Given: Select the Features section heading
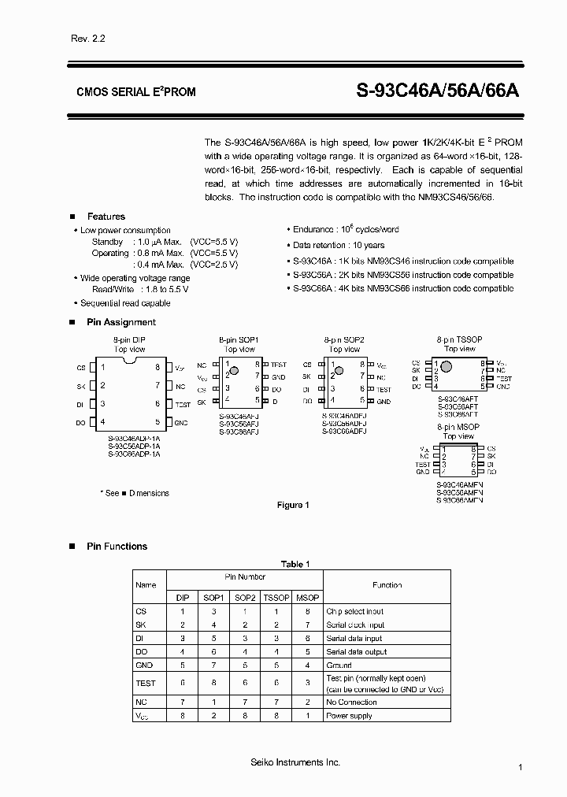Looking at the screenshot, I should [106, 217].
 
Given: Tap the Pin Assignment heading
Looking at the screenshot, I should [121, 322].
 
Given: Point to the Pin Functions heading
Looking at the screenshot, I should [117, 547].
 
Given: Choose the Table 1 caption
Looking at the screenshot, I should [296, 564].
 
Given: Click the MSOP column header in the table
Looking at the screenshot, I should [306, 598].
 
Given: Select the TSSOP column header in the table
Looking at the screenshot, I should [276, 598].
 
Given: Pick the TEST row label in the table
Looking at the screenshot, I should [146, 683].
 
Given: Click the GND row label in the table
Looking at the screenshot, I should [145, 665].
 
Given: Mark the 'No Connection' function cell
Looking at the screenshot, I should [352, 702].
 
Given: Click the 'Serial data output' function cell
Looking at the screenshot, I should [356, 652].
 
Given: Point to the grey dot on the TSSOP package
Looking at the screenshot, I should [446, 366].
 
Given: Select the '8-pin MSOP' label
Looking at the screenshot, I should [459, 426].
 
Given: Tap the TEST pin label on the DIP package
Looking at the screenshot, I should [183, 404].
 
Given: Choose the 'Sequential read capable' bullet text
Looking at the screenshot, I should [125, 303].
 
